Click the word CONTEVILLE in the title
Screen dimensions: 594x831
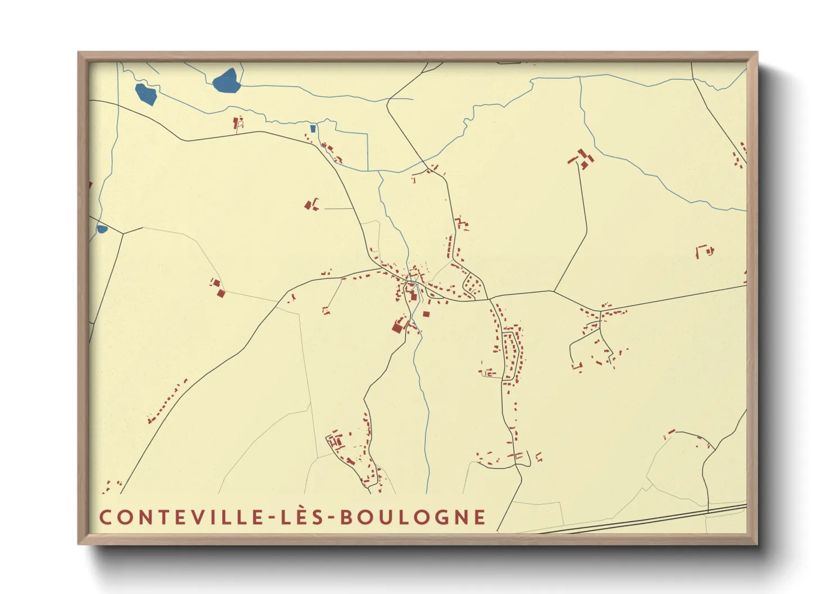(x=180, y=517)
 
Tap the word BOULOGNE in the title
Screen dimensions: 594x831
(x=413, y=517)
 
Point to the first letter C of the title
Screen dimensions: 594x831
(x=105, y=517)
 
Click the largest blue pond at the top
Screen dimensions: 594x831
(x=227, y=81)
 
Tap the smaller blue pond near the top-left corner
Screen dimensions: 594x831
(x=146, y=94)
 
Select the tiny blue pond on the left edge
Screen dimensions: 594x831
(x=102, y=229)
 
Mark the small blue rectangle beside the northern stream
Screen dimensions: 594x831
(x=313, y=129)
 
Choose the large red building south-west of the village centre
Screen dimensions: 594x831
(x=400, y=325)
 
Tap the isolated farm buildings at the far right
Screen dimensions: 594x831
(x=704, y=250)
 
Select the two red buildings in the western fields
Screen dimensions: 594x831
(x=217, y=287)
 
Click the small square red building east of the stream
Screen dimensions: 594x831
(x=426, y=314)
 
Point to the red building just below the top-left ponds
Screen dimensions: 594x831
(x=237, y=122)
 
